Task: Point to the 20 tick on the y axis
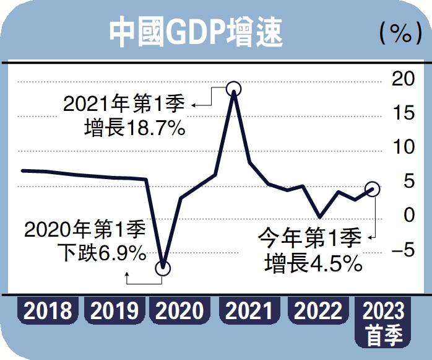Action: (404, 79)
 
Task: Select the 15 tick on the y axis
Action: (404, 113)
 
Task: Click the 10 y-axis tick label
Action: (404, 147)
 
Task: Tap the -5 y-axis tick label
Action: (404, 250)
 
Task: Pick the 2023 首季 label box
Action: (384, 322)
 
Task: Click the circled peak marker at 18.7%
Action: (233, 89)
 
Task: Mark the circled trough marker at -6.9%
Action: (162, 268)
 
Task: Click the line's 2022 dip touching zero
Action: (319, 217)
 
